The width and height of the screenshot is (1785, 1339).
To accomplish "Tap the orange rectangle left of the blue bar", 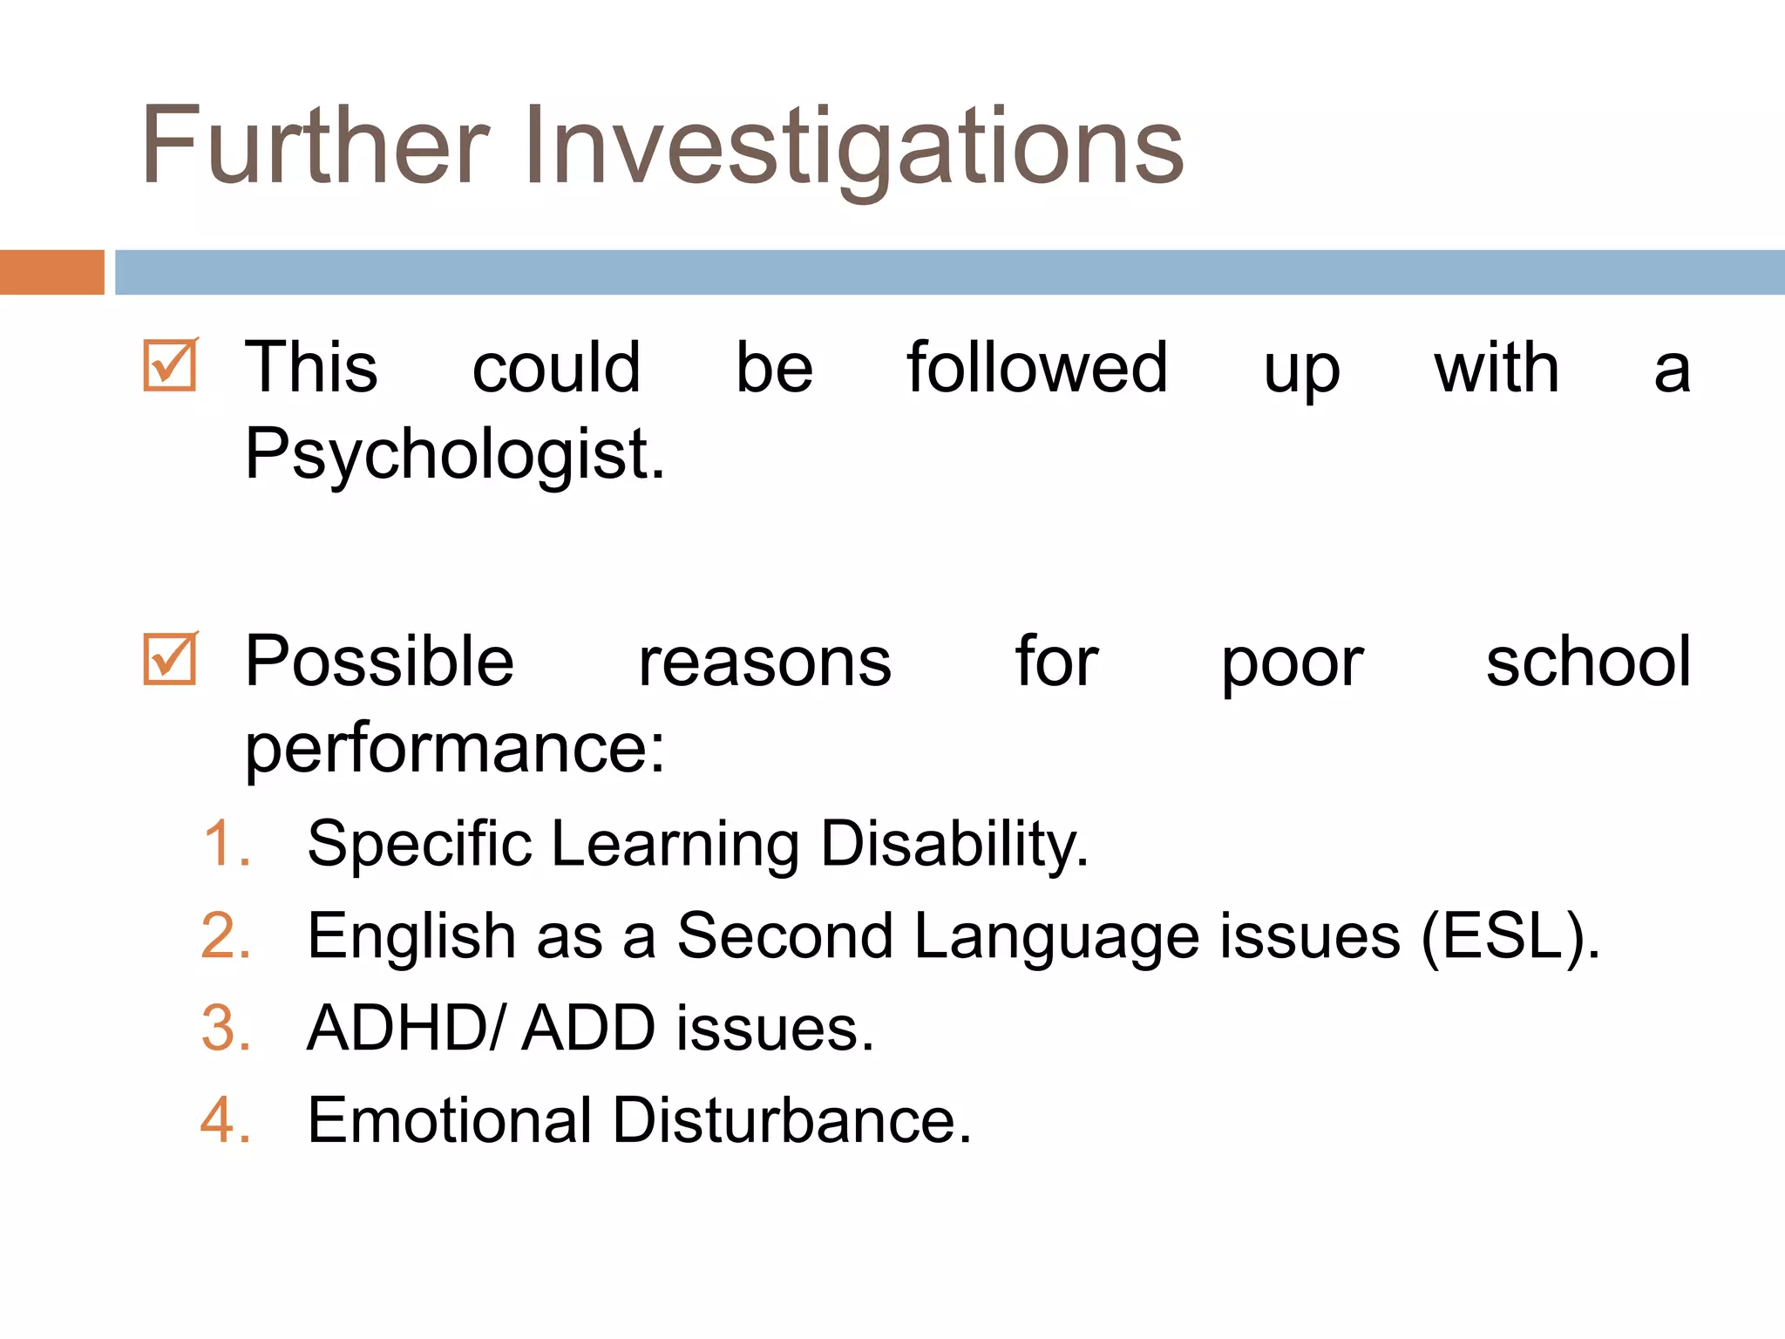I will pyautogui.click(x=51, y=272).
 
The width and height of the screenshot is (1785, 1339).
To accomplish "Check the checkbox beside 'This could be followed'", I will pyautogui.click(x=170, y=365).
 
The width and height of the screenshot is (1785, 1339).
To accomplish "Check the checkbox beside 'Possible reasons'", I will pyautogui.click(x=170, y=659).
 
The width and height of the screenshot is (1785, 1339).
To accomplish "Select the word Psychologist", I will pyautogui.click(x=454, y=455).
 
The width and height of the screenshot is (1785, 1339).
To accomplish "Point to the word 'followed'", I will pyautogui.click(x=1037, y=368).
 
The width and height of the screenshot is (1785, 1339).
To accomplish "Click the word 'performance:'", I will pyautogui.click(x=454, y=748).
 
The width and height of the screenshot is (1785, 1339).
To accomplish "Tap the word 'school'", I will pyautogui.click(x=1588, y=662).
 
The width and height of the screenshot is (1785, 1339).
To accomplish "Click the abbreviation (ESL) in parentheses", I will pyautogui.click(x=1510, y=937).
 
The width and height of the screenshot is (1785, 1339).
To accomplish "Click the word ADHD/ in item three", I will pyautogui.click(x=405, y=1029).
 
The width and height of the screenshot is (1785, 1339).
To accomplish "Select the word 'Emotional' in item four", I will pyautogui.click(x=450, y=1120).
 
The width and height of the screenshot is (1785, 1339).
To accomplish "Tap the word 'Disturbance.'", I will pyautogui.click(x=791, y=1120).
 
